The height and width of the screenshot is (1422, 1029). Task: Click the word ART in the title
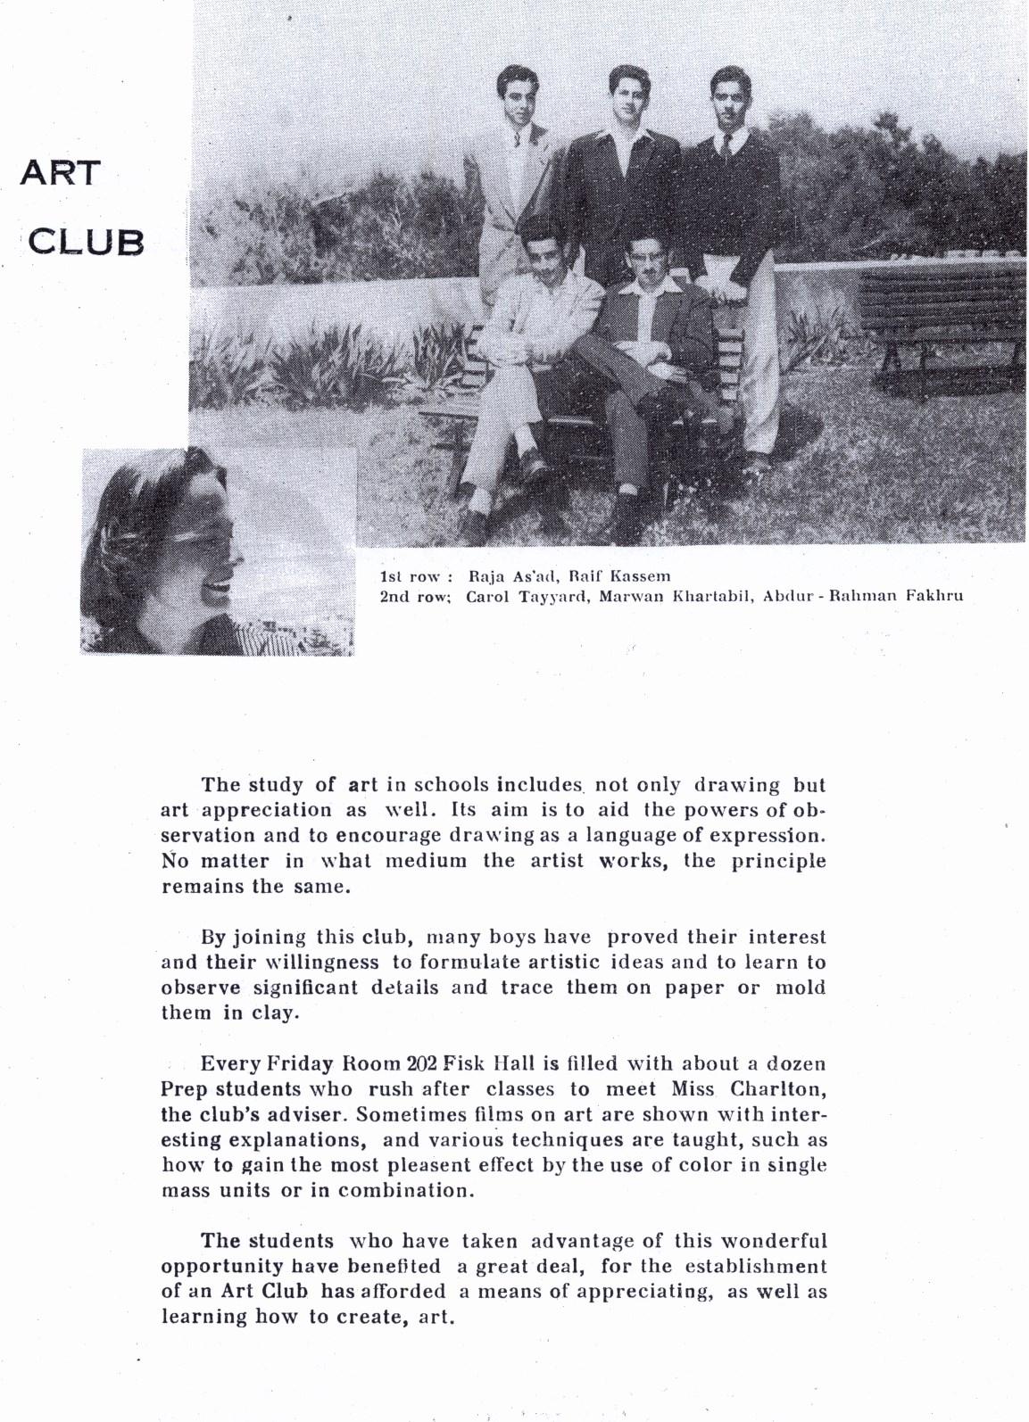coord(61,172)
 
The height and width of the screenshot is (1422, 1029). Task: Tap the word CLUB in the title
coord(87,242)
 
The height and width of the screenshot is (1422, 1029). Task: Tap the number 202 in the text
coord(421,1063)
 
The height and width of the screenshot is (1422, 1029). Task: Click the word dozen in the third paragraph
coord(796,1063)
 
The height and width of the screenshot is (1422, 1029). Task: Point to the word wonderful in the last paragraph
coord(774,1241)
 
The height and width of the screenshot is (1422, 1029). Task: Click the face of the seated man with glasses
coord(650,259)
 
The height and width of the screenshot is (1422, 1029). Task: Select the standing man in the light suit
coord(510,178)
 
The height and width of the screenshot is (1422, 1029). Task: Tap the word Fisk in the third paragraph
coord(465,1063)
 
